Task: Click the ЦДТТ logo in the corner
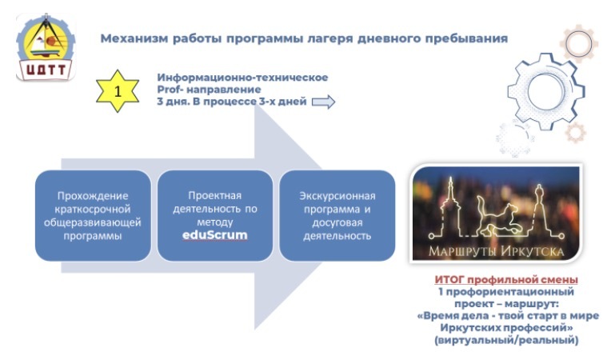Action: [x=46, y=47]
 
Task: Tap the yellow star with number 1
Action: [x=118, y=91]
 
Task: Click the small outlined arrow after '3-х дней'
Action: [x=323, y=102]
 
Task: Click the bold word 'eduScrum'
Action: [x=214, y=235]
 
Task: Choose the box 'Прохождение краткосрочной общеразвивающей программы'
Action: [x=93, y=215]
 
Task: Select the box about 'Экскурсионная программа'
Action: [x=337, y=215]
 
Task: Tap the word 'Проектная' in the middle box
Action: [x=214, y=195]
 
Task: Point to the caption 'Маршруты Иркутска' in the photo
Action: [x=496, y=251]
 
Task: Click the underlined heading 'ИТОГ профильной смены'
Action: [x=506, y=280]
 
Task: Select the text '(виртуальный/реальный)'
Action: [x=506, y=340]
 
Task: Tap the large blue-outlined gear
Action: [x=545, y=91]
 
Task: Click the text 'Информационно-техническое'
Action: [x=242, y=78]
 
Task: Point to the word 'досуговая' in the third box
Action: [x=337, y=223]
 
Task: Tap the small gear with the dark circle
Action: [x=579, y=43]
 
